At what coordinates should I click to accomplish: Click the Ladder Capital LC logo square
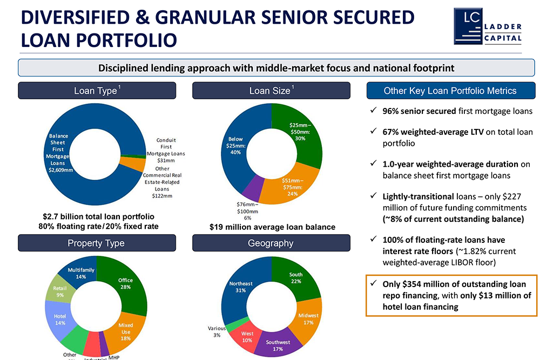click(x=468, y=26)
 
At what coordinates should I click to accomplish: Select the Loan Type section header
click(x=97, y=91)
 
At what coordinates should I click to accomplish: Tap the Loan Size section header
click(x=271, y=91)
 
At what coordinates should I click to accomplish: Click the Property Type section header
click(x=97, y=243)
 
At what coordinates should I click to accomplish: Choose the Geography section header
click(x=271, y=243)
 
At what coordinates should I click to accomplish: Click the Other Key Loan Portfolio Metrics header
click(x=450, y=91)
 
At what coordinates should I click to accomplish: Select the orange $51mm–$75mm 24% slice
click(x=292, y=186)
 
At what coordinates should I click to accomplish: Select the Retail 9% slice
click(x=60, y=292)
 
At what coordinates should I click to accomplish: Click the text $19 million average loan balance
click(x=272, y=227)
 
